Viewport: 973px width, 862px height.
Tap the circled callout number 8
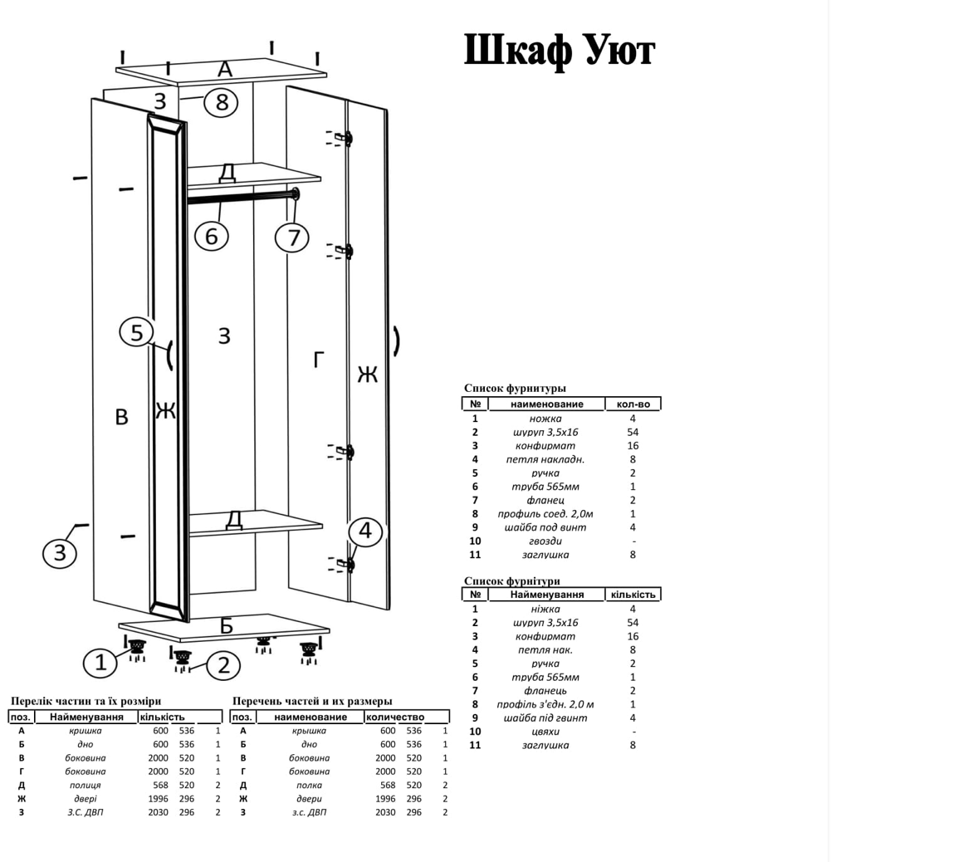pyautogui.click(x=221, y=102)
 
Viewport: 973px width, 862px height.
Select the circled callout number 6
pyautogui.click(x=211, y=236)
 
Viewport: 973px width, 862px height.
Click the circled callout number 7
pyautogui.click(x=292, y=238)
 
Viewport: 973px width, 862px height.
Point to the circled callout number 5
pyautogui.click(x=137, y=333)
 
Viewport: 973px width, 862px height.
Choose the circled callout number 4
pyautogui.click(x=365, y=531)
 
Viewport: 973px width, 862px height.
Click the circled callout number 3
pyautogui.click(x=60, y=552)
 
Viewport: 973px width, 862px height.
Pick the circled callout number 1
pyautogui.click(x=100, y=663)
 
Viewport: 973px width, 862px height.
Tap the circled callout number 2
pyautogui.click(x=222, y=665)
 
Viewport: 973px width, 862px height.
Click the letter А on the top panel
pyautogui.click(x=224, y=70)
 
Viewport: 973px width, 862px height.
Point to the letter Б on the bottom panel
pyautogui.click(x=226, y=625)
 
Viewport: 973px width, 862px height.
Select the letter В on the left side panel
pyautogui.click(x=121, y=417)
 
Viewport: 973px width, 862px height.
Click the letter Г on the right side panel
pyautogui.click(x=318, y=360)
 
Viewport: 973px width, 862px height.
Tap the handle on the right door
pyautogui.click(x=397, y=340)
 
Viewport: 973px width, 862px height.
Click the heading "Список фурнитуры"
pyautogui.click(x=515, y=388)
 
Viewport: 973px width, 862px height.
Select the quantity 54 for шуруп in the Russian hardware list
pyautogui.click(x=633, y=432)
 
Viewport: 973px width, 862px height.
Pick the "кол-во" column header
pyautogui.click(x=633, y=404)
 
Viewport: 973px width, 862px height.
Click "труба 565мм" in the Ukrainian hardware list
pyautogui.click(x=545, y=677)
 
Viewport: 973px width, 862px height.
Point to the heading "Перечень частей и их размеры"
pyautogui.click(x=312, y=701)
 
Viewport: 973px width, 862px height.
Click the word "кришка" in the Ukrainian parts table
pyautogui.click(x=85, y=731)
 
